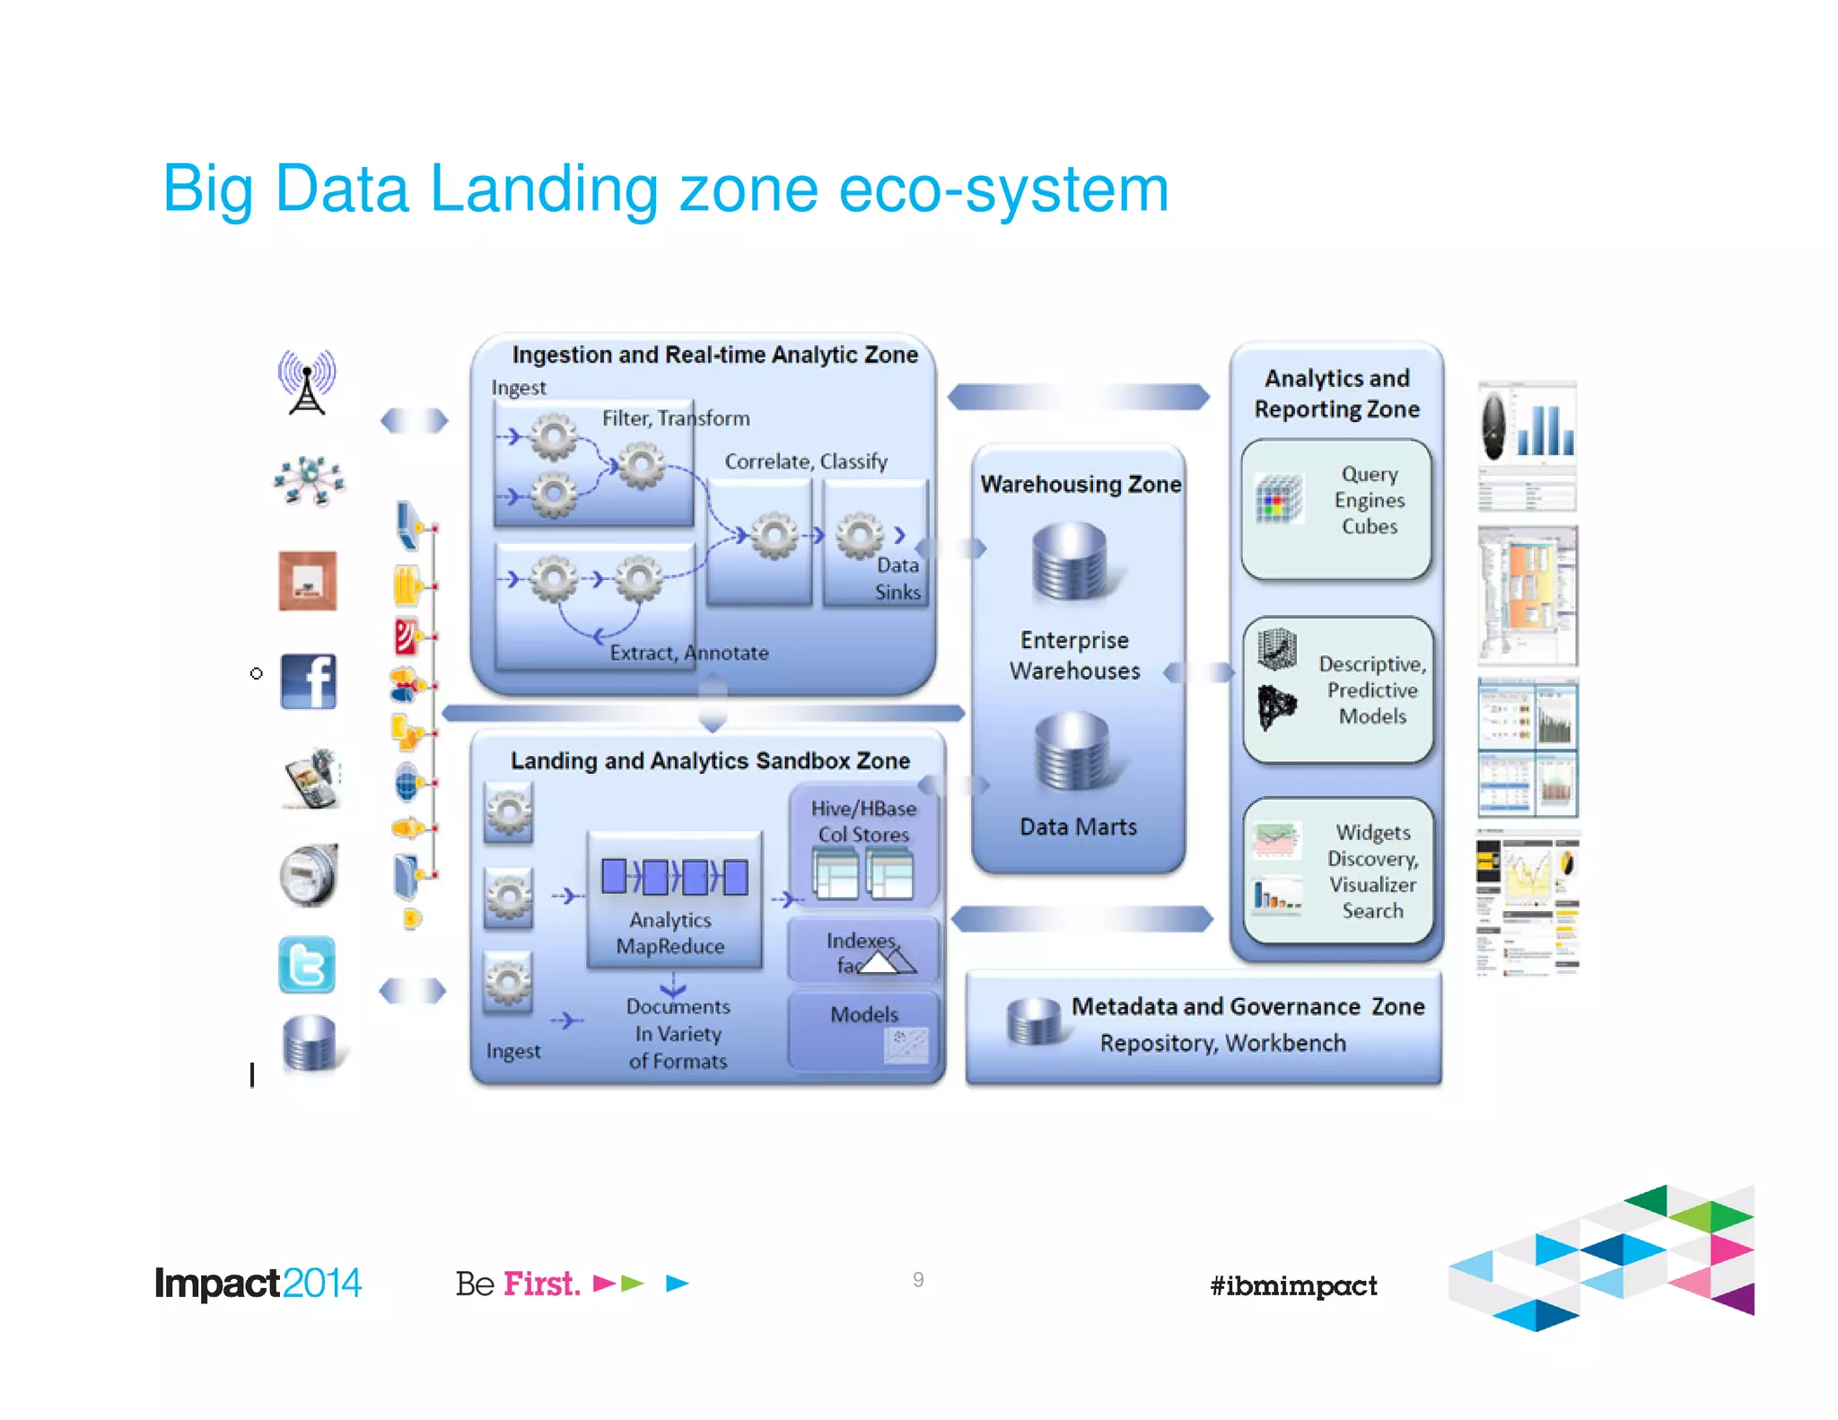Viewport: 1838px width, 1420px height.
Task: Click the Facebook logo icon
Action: (x=308, y=681)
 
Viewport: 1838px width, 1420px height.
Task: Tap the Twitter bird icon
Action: (x=307, y=965)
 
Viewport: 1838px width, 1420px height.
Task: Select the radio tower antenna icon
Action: (x=307, y=382)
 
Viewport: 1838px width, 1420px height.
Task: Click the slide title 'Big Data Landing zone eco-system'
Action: (x=665, y=189)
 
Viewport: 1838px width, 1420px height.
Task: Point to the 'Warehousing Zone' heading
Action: (x=1080, y=485)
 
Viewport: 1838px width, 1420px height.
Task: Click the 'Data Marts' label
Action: (x=1078, y=827)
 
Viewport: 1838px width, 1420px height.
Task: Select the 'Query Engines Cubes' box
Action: (x=1335, y=508)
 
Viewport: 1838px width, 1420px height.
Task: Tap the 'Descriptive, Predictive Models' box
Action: (x=1338, y=689)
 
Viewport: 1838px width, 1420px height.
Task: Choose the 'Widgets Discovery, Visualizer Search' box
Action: (x=1338, y=871)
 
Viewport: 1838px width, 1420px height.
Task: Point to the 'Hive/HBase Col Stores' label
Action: (x=863, y=821)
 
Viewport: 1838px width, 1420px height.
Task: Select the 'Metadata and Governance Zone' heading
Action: (x=1247, y=1007)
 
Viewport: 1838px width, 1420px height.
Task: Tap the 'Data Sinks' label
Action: (x=897, y=579)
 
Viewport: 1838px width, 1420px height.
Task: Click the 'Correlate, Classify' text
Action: (x=806, y=461)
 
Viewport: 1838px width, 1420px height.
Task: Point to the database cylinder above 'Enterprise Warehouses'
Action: (x=1071, y=562)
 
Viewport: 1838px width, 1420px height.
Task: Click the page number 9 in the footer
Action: (x=918, y=1280)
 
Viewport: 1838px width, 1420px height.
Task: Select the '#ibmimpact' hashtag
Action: (x=1293, y=1285)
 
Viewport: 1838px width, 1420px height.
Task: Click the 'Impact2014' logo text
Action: (x=258, y=1284)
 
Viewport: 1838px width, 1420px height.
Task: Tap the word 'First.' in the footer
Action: (x=541, y=1284)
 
